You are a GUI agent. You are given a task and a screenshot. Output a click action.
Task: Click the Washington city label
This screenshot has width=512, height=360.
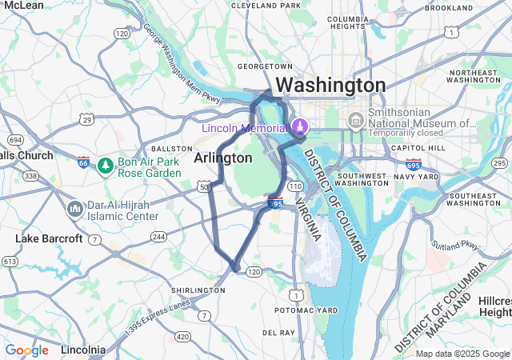pos(330,85)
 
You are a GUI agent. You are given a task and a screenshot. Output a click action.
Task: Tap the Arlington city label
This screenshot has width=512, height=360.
pos(223,158)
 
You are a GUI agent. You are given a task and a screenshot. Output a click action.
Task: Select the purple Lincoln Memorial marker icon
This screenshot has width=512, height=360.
pos(299,126)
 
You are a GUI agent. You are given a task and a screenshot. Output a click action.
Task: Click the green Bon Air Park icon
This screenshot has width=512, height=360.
pos(104,166)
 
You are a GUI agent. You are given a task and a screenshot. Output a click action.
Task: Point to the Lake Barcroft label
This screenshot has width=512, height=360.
pos(49,238)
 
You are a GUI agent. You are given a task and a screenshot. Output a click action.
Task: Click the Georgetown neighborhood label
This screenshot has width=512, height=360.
pos(265,66)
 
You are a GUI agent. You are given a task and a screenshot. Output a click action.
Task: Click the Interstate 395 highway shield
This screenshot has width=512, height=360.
pos(274,204)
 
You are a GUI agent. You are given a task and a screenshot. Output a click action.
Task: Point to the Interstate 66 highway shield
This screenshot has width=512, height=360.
pos(84,162)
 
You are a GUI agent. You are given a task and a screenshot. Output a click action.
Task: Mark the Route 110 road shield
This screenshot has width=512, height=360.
pos(295,186)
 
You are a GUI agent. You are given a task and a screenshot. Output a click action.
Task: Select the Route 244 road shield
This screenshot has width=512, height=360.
pos(158,236)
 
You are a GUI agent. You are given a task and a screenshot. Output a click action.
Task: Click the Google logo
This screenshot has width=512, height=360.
pos(26,350)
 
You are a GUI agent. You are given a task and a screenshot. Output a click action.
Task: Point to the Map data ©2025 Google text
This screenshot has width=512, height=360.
pos(462,354)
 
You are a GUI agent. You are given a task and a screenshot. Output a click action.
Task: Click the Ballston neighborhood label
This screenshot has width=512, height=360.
pos(172,149)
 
